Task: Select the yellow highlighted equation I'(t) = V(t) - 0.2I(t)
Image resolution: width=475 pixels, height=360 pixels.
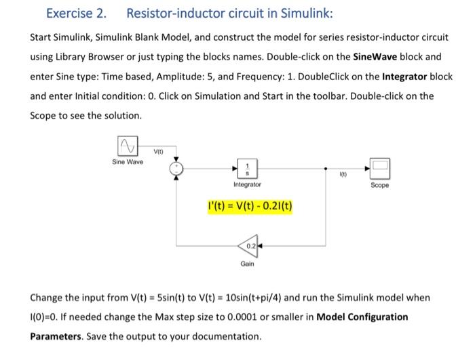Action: [x=250, y=205]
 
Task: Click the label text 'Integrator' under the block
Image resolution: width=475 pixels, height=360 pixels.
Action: [x=247, y=184]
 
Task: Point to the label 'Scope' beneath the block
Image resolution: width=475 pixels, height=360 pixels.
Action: [x=380, y=184]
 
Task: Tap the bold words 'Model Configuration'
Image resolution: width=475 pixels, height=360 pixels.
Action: [x=363, y=317]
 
